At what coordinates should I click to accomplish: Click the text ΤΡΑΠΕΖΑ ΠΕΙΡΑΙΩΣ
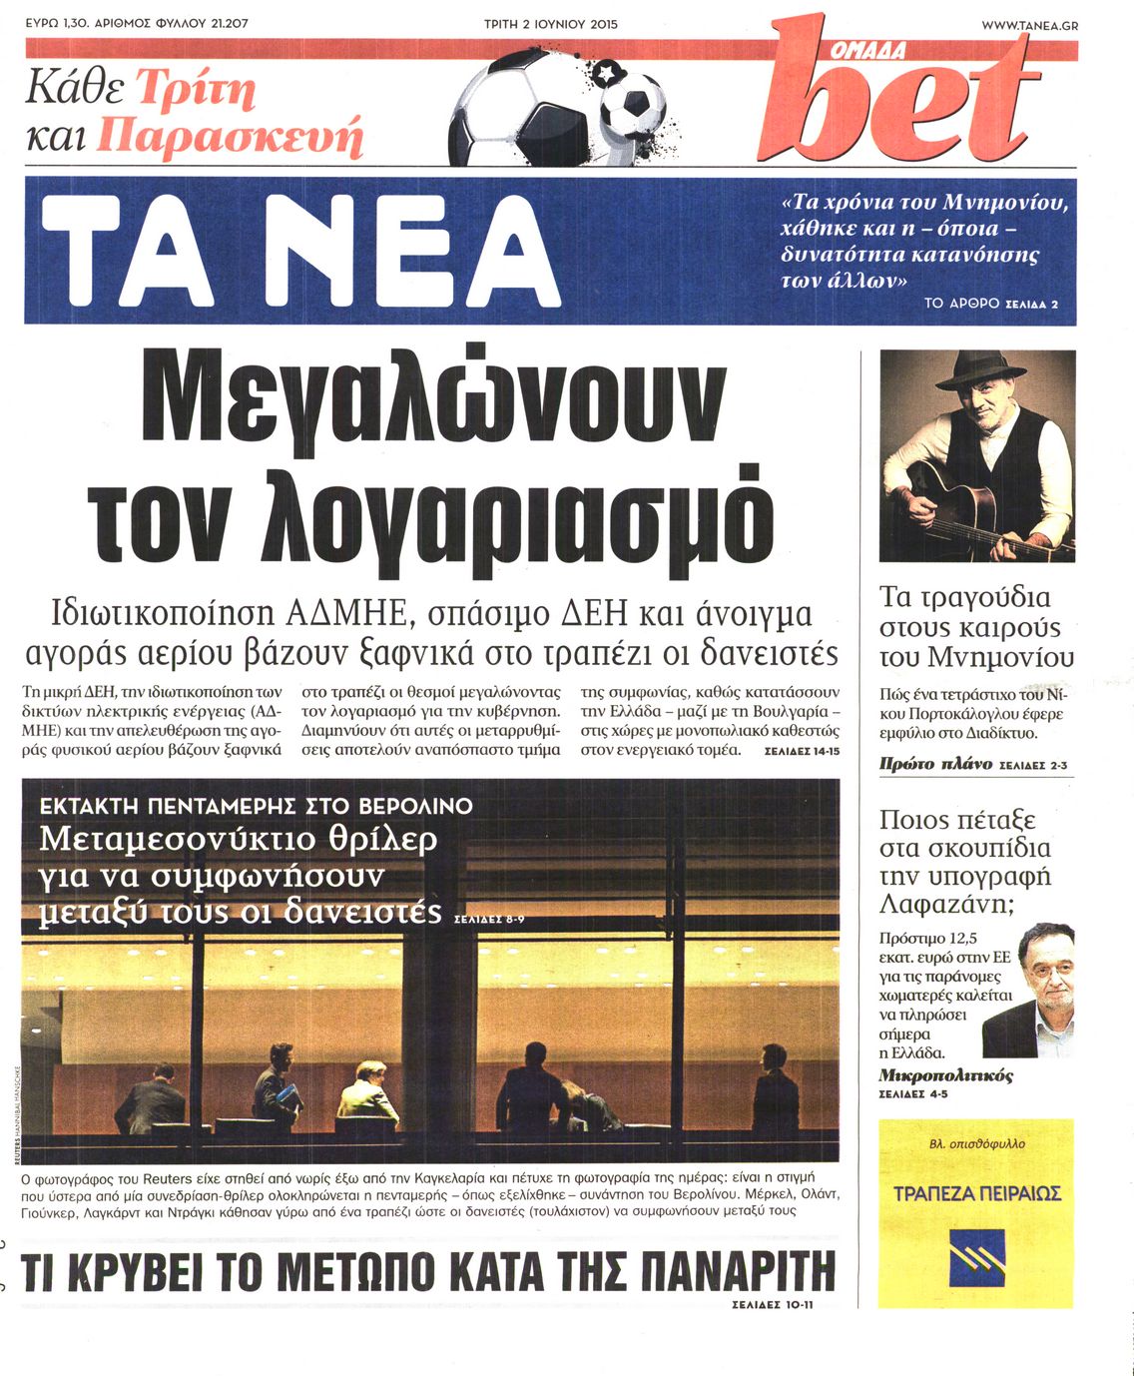click(976, 1193)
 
